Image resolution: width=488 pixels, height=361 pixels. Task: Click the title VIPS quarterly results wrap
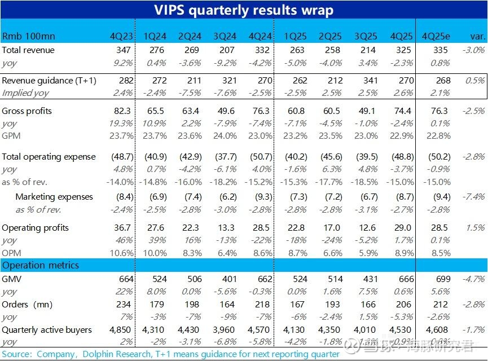[244, 10]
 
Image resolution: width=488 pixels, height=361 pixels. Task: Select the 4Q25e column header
[435, 37]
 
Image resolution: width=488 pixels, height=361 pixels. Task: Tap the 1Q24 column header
[155, 37]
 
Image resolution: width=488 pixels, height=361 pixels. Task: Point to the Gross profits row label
[27, 111]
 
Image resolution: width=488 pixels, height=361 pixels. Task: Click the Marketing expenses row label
[54, 197]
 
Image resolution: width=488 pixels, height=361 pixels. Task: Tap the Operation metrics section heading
[41, 265]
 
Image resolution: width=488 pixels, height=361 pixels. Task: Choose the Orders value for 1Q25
[297, 305]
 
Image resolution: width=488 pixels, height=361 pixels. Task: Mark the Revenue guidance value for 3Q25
[367, 81]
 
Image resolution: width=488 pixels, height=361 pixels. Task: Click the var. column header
[477, 37]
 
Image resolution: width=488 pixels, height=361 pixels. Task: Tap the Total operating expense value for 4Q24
[261, 157]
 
